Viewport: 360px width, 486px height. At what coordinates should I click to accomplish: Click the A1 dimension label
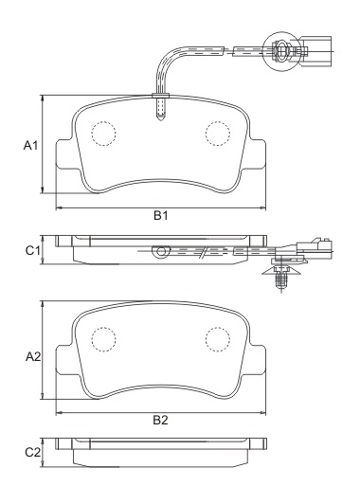coord(29,147)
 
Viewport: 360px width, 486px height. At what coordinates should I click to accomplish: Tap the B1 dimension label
coord(161,216)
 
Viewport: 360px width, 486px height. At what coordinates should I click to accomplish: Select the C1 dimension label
coord(30,250)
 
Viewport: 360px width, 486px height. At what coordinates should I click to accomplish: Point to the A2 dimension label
coord(30,357)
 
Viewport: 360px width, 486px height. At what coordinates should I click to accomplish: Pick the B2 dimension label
coord(161,421)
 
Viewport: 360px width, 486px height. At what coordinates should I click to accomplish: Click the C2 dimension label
coord(30,453)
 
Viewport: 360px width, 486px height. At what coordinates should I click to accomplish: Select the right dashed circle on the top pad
coord(219,135)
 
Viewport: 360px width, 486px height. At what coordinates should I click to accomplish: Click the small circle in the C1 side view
coord(160,252)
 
